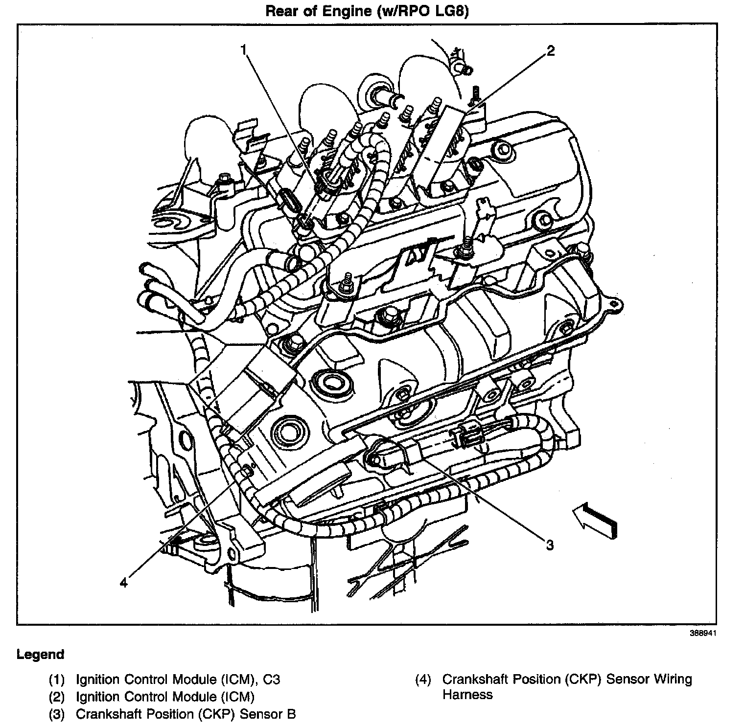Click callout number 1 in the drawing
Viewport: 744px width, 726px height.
point(244,49)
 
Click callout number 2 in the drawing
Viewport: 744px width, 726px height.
point(551,50)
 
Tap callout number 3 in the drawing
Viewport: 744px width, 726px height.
point(549,544)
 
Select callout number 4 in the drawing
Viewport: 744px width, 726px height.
point(124,582)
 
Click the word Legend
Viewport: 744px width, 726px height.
point(40,654)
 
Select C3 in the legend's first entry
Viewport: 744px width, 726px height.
point(271,679)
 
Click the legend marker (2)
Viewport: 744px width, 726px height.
point(57,697)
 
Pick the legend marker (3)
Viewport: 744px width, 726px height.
point(57,714)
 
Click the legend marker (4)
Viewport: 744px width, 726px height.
point(423,679)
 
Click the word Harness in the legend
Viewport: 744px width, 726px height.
point(467,695)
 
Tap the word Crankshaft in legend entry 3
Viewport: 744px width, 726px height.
point(106,714)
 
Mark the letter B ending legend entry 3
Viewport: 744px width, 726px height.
point(292,714)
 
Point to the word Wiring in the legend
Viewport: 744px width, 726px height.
point(673,679)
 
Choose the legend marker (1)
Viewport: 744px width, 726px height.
point(57,679)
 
